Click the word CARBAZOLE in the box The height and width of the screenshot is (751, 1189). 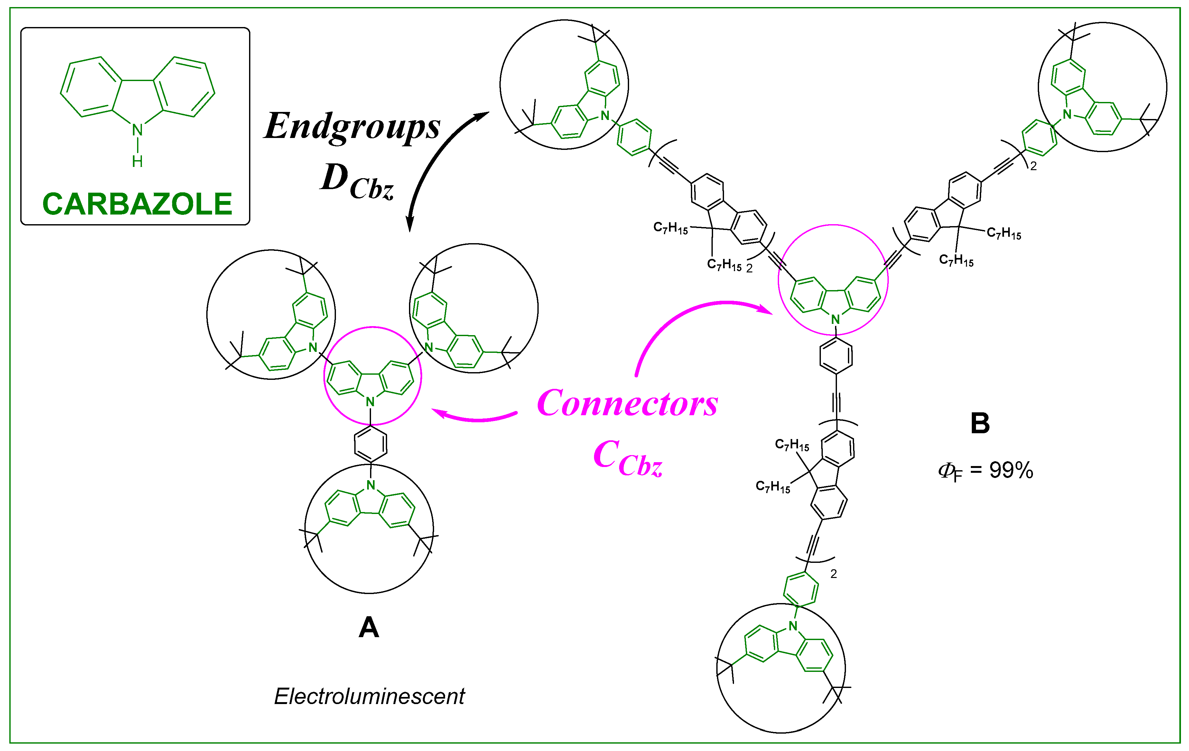click(x=137, y=204)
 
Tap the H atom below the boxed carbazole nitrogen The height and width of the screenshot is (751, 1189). click(x=137, y=161)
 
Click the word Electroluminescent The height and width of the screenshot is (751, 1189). click(x=369, y=696)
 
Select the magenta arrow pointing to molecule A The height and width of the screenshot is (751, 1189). click(x=474, y=416)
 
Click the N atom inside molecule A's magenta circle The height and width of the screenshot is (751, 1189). click(x=370, y=402)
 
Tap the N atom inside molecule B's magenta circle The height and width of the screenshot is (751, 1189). click(x=835, y=320)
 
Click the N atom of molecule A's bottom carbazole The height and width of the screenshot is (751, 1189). click(x=371, y=485)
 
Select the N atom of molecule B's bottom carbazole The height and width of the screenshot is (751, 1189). click(x=793, y=626)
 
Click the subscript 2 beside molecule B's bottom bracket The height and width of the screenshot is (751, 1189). click(x=833, y=574)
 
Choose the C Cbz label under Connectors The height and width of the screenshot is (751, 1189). click(x=627, y=459)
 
